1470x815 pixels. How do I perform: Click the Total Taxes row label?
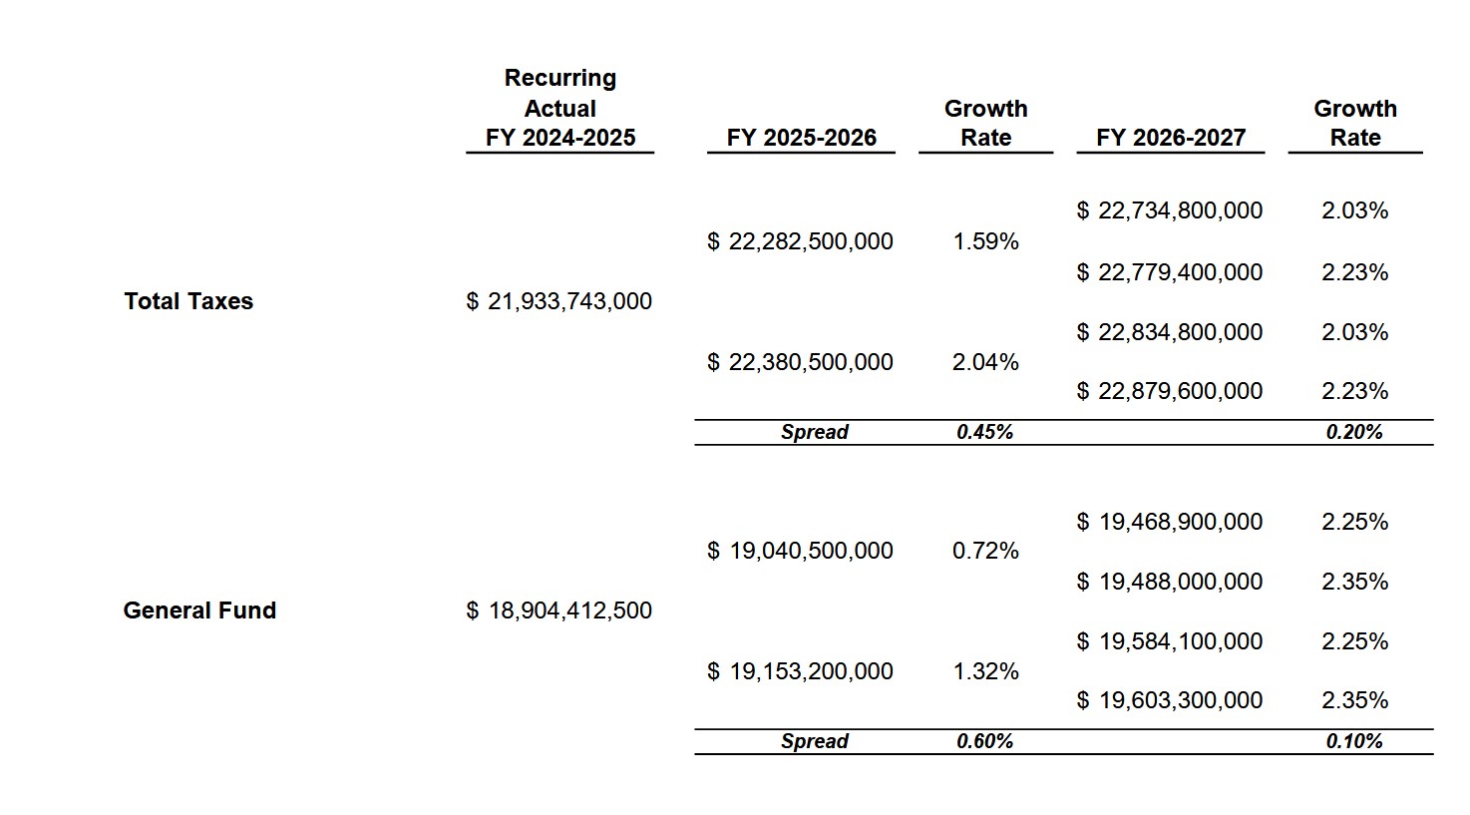pos(188,301)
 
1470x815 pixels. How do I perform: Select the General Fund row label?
pos(199,611)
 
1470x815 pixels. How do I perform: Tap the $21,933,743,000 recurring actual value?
pos(559,301)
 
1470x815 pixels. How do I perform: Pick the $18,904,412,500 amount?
pos(559,611)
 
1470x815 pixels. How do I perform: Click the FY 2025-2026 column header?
pos(801,138)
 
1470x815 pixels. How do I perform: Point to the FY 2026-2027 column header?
pos(1170,138)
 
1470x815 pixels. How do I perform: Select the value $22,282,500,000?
pos(801,241)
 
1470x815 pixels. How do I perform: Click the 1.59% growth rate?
pos(985,241)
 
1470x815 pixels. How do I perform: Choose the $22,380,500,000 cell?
pos(801,362)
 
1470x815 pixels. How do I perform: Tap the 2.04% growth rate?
pos(985,362)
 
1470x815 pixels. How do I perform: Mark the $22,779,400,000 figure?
pos(1170,272)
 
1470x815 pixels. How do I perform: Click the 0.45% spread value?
pos(984,432)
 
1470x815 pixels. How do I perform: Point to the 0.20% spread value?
pos(1354,432)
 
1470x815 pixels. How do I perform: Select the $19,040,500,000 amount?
pos(801,551)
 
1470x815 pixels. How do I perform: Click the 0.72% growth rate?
pos(985,551)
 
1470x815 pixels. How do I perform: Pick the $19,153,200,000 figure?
pos(801,671)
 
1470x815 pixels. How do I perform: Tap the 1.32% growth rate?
pos(985,671)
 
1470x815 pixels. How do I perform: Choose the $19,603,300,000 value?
pos(1170,700)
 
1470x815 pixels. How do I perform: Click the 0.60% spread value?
pos(984,741)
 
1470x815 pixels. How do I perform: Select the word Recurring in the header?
pos(559,78)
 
